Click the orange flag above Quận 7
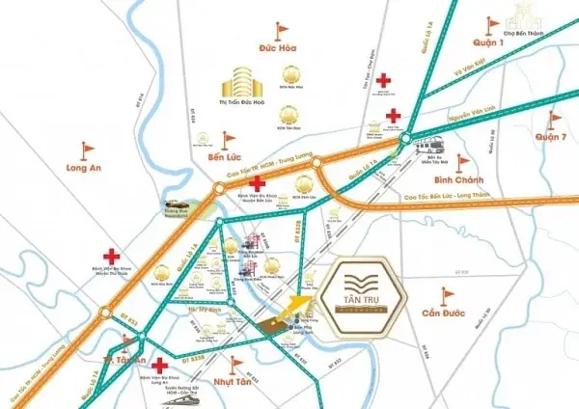[x=554, y=119]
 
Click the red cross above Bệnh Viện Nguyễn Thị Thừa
[x=113, y=255]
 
